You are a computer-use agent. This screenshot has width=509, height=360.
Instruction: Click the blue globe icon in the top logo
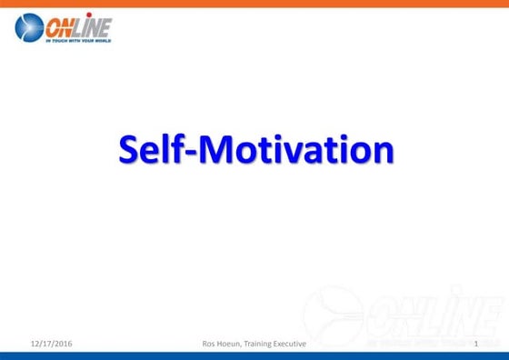click(29, 27)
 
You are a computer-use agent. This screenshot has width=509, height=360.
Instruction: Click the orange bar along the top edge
click(254, 4)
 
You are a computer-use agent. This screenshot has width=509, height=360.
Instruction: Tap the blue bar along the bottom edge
click(254, 355)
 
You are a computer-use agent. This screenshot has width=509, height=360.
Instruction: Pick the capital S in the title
click(128, 150)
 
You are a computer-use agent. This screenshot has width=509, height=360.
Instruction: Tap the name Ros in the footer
click(208, 343)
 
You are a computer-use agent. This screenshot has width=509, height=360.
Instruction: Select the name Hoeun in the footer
click(232, 343)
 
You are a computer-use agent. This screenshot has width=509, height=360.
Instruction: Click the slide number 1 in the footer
click(476, 343)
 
